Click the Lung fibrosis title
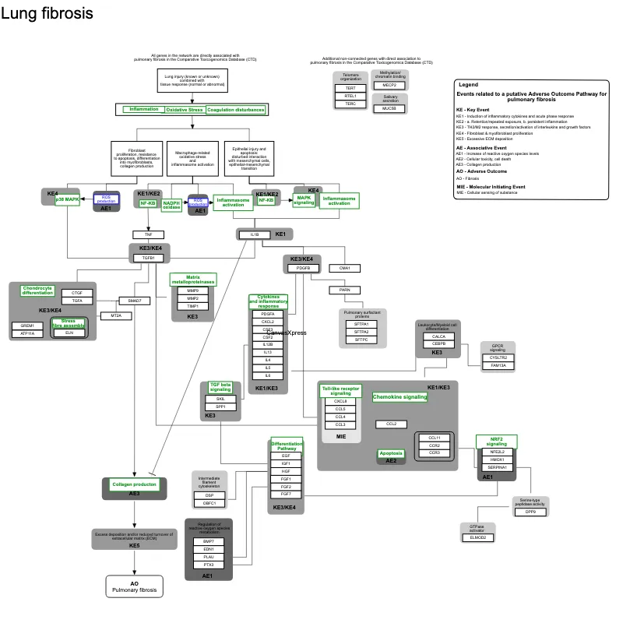[x=48, y=14]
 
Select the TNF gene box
[x=148, y=234]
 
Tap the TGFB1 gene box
[x=148, y=257]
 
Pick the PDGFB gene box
[x=304, y=268]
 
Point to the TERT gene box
[x=350, y=88]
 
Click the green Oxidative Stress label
[x=185, y=110]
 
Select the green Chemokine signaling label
[x=399, y=397]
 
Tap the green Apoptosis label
[x=391, y=453]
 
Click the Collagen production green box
[x=135, y=484]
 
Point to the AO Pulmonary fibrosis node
[x=134, y=586]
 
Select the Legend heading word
[x=468, y=84]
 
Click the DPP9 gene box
[x=530, y=512]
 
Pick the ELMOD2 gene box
[x=477, y=537]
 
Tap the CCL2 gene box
[x=391, y=424]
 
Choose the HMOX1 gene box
[x=497, y=459]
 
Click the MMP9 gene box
[x=192, y=290]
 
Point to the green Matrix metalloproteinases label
[x=192, y=279]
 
